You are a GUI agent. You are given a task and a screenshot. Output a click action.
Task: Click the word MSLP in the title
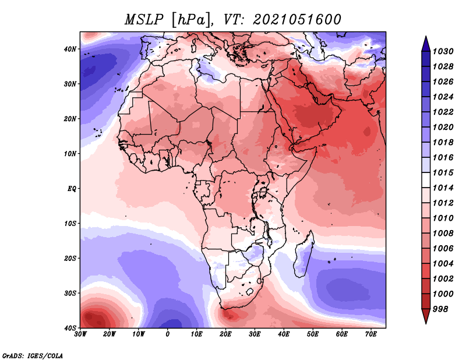click(144, 20)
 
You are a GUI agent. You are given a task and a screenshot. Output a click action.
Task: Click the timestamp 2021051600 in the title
click(297, 20)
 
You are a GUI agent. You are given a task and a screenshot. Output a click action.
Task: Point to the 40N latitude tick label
click(70, 49)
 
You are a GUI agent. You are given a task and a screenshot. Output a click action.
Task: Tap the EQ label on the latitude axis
click(72, 189)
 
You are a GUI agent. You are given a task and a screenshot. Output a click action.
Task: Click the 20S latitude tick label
click(70, 258)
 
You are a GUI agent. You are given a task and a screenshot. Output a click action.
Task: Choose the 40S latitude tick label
click(70, 328)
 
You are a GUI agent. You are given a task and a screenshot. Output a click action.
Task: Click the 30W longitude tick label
click(80, 334)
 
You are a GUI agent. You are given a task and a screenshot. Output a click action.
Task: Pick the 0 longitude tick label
click(168, 334)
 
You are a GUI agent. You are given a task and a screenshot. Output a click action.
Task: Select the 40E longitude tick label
click(284, 334)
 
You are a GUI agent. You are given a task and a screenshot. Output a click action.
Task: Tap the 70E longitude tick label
click(370, 334)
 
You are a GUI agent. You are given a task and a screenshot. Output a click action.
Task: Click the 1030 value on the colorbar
click(443, 51)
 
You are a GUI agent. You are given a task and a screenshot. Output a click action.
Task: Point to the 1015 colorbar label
click(443, 172)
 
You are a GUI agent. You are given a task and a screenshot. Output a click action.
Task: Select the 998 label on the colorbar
click(440, 309)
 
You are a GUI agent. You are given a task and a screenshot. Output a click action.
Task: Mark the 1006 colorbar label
click(443, 249)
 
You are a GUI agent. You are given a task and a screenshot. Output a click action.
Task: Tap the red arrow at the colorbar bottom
click(426, 316)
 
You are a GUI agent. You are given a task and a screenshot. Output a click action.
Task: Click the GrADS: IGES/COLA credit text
click(33, 356)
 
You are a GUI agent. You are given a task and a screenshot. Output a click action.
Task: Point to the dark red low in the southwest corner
click(95, 317)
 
